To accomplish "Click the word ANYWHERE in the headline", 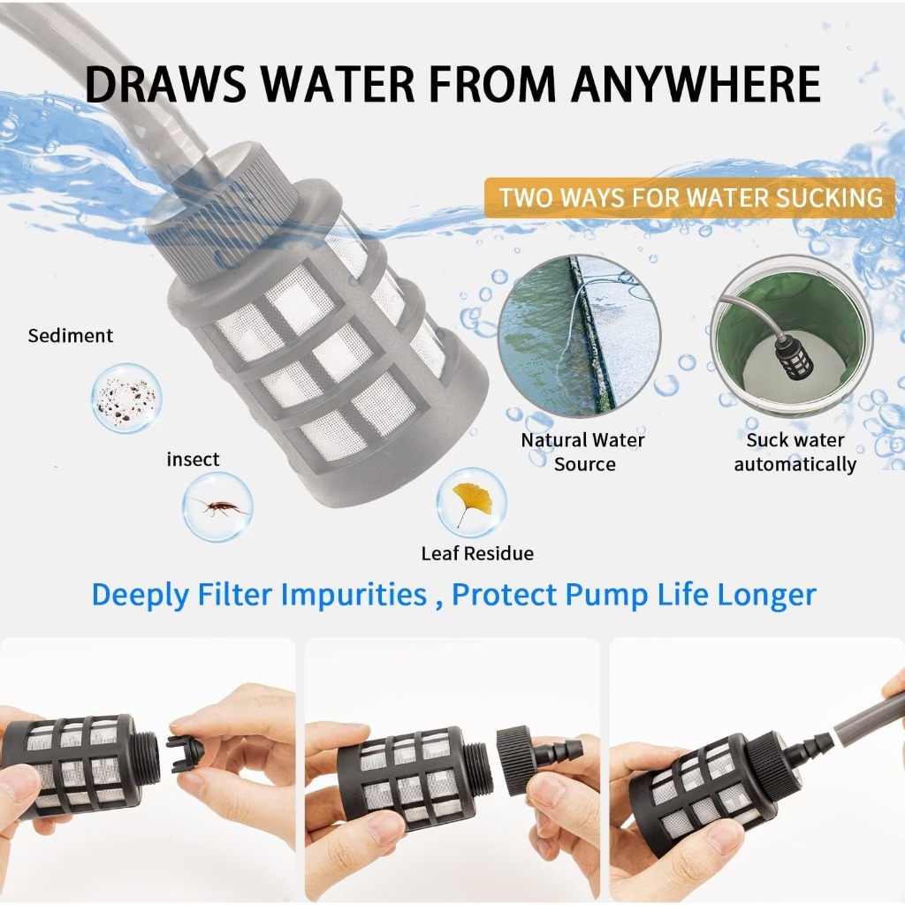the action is point(696,84).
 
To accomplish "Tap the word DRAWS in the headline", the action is point(165,84).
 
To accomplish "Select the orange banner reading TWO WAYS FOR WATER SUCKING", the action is point(689,197).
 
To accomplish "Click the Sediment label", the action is point(71,335).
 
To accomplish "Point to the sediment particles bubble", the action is point(126,398).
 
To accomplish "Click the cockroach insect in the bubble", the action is point(219,506).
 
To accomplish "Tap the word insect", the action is point(193,460).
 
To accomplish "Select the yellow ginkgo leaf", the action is point(472,502).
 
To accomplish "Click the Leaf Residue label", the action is point(477,553).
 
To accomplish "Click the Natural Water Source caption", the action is point(583,452).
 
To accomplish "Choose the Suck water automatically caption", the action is point(795,452).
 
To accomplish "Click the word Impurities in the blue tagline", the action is point(354,595).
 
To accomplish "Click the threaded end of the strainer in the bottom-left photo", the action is point(149,757).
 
